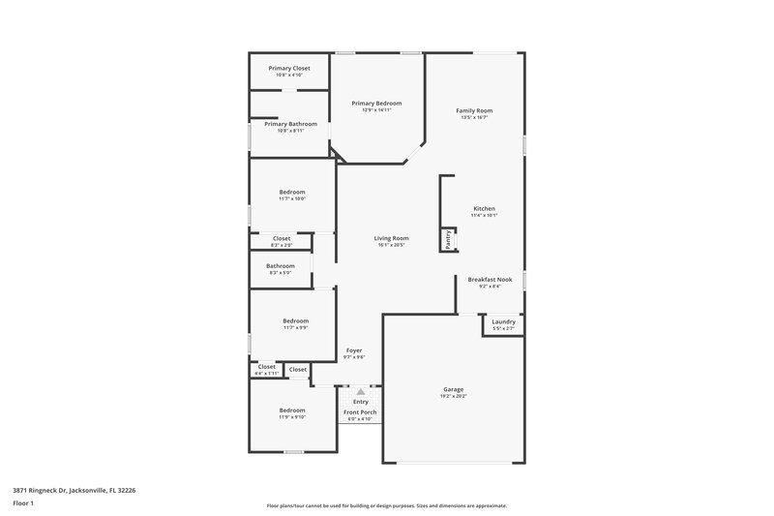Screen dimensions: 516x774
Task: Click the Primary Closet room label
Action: (x=289, y=68)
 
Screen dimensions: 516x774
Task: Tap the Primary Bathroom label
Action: (x=289, y=124)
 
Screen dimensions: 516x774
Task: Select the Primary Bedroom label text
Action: (x=376, y=103)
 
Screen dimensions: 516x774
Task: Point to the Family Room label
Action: (x=474, y=111)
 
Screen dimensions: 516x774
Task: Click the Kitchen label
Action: (x=484, y=209)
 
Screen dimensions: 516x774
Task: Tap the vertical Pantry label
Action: (x=448, y=239)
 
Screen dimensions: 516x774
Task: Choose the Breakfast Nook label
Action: (x=489, y=279)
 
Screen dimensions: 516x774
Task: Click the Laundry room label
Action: (x=503, y=321)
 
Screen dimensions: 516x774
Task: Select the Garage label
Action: (x=453, y=389)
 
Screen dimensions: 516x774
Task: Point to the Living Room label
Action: (x=392, y=238)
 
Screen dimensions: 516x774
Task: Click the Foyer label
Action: (x=354, y=349)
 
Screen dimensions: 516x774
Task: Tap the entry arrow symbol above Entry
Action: (x=361, y=391)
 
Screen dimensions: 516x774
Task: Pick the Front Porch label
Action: (x=361, y=412)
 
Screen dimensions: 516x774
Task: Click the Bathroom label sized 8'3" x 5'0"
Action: (x=281, y=265)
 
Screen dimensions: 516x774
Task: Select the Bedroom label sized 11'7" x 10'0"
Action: (x=292, y=192)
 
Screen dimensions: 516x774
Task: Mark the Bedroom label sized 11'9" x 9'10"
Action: (x=292, y=410)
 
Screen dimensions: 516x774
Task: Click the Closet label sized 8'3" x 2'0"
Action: (x=281, y=238)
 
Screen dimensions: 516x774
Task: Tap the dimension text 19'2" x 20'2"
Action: (x=453, y=396)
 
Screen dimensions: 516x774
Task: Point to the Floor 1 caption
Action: (x=22, y=504)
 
